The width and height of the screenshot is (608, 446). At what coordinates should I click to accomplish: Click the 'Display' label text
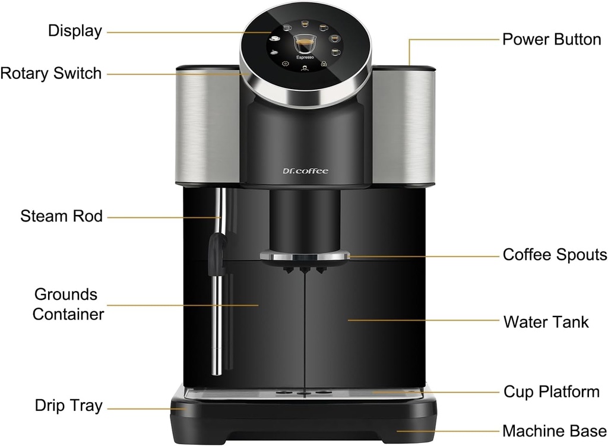click(75, 31)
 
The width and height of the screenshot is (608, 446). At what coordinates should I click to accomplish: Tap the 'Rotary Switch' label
click(51, 74)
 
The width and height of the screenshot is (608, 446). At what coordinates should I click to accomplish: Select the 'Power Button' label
click(552, 40)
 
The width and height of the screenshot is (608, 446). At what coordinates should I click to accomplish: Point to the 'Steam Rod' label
click(61, 216)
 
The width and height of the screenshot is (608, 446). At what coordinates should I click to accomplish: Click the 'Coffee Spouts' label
click(555, 255)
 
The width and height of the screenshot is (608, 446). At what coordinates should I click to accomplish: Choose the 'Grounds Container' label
click(68, 304)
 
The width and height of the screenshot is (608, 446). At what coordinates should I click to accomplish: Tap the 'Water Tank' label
click(546, 322)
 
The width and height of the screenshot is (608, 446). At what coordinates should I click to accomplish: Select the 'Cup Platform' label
click(551, 392)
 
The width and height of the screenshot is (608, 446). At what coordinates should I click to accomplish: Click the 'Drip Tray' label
click(68, 406)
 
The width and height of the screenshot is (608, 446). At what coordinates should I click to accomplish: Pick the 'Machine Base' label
click(554, 431)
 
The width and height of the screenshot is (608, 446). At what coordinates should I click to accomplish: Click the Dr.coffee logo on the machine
click(305, 172)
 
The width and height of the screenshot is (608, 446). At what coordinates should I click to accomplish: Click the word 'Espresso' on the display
click(305, 58)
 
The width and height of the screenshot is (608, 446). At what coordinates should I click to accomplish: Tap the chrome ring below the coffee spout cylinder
click(305, 256)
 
